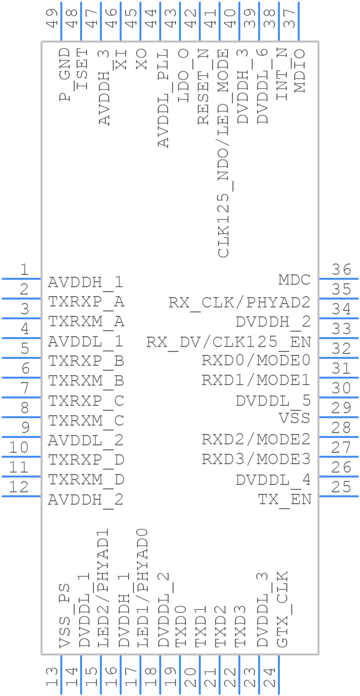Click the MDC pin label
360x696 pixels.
coord(294,280)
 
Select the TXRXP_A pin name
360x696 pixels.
coord(86,302)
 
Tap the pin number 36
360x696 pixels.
coord(342,270)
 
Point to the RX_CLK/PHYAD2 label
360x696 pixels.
coord(239,302)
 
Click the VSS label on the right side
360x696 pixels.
coord(295,418)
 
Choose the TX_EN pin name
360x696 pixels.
coord(285,499)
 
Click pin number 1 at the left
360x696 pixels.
coord(24,270)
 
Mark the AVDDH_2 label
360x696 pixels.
coord(86,500)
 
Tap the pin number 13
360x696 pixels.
coord(52,677)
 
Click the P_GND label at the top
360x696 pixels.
coord(65,75)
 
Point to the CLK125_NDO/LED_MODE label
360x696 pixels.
coord(224,153)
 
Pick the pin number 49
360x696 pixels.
coord(52,18)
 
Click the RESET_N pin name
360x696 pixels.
coord(203,87)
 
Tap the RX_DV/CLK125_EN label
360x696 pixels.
coord(228,342)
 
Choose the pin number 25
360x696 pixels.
coord(342,487)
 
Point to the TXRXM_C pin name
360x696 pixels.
coord(86,421)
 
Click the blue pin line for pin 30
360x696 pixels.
coord(338,397)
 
